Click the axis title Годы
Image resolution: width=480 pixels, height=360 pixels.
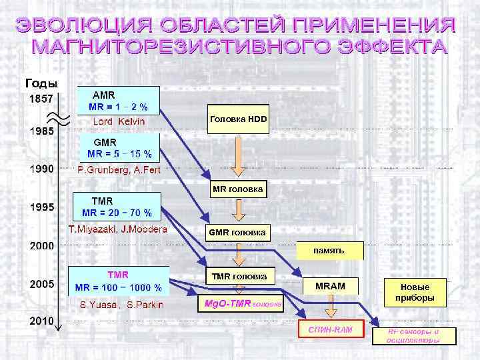(x=41, y=83)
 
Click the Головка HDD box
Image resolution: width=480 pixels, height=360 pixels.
(x=238, y=119)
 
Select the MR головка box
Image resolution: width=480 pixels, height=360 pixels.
(x=238, y=189)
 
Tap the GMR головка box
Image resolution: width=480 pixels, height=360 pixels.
(x=237, y=233)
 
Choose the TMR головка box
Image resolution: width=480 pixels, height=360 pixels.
(x=239, y=276)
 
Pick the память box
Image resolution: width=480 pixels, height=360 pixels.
(x=329, y=251)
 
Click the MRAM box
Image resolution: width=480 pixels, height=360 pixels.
(x=329, y=286)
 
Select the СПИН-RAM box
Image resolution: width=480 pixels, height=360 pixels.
(x=329, y=330)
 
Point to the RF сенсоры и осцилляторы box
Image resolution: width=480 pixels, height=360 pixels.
(x=413, y=335)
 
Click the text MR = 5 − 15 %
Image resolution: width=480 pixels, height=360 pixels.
(x=119, y=154)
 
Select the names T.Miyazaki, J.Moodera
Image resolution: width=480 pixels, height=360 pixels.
(x=118, y=229)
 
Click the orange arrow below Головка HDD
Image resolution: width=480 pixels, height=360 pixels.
(x=237, y=155)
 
